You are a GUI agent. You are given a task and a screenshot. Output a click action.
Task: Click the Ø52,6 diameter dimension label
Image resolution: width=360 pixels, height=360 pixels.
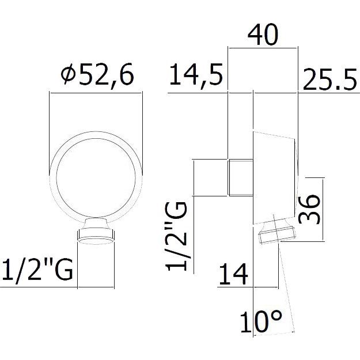click(x=97, y=74)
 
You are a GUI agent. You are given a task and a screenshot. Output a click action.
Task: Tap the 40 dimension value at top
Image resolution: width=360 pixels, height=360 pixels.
click(x=263, y=35)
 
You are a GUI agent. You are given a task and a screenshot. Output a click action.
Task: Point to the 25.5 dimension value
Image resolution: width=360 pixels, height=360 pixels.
click(x=329, y=79)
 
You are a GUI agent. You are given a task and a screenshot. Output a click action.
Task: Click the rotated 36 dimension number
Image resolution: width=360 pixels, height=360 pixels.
click(x=309, y=209)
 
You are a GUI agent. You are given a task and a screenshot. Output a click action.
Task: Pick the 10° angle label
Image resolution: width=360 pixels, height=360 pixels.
click(x=261, y=321)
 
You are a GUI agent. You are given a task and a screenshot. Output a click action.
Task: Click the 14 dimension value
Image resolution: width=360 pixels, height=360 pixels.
click(x=233, y=274)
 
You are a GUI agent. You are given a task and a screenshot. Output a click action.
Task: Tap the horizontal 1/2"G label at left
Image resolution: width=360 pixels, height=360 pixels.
click(x=37, y=270)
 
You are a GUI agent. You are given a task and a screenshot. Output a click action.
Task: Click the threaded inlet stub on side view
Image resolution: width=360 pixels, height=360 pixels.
click(x=240, y=177)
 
